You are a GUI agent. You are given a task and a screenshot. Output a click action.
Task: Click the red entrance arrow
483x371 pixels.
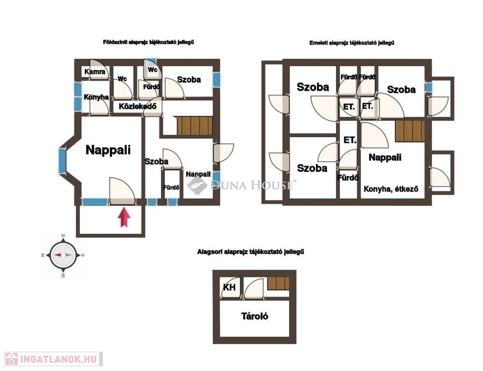tap(124, 217)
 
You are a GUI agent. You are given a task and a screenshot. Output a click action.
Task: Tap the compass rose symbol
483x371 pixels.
tap(63, 255)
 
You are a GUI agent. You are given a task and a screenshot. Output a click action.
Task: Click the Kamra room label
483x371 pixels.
tap(95, 72)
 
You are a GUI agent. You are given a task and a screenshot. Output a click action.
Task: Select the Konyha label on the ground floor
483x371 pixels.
tap(96, 97)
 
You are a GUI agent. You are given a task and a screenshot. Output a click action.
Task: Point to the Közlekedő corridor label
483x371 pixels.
tap(138, 107)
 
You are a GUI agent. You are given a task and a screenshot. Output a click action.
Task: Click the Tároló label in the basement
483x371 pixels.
tap(254, 316)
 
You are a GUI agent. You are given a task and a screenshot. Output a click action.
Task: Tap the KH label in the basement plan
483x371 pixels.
tap(229, 287)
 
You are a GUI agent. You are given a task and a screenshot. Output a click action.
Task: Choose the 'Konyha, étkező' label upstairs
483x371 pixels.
tap(391, 189)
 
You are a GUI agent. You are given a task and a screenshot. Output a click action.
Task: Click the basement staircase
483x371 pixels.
tap(278, 283)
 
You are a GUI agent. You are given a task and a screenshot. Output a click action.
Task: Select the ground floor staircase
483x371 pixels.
tap(195, 125)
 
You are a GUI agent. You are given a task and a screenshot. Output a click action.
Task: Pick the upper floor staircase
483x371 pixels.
tap(410, 131)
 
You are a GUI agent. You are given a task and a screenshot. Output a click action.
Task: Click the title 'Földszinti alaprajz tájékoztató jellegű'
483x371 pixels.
tap(148, 42)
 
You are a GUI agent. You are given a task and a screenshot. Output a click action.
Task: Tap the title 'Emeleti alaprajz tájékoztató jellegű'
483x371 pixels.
tap(352, 43)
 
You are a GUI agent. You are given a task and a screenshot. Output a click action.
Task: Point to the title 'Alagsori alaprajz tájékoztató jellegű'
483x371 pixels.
tap(250, 252)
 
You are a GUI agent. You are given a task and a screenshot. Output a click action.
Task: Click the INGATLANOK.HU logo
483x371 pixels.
tap(54, 359)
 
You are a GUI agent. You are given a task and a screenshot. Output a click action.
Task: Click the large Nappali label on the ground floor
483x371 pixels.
tap(108, 150)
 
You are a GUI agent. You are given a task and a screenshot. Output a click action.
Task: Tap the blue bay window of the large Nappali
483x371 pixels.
tap(62, 161)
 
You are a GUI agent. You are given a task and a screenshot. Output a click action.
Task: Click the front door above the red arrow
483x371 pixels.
tap(122, 191)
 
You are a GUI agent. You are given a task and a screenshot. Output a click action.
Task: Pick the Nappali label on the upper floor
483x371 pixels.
tap(385, 157)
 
